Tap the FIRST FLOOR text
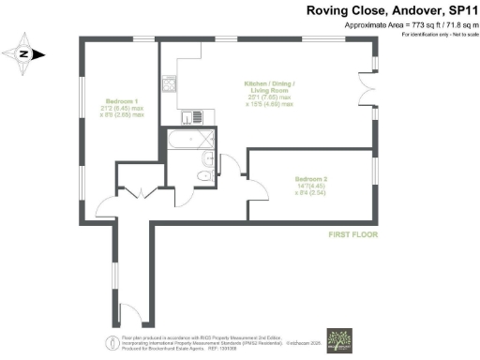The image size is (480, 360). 352,234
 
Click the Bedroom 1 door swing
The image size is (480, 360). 106,203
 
